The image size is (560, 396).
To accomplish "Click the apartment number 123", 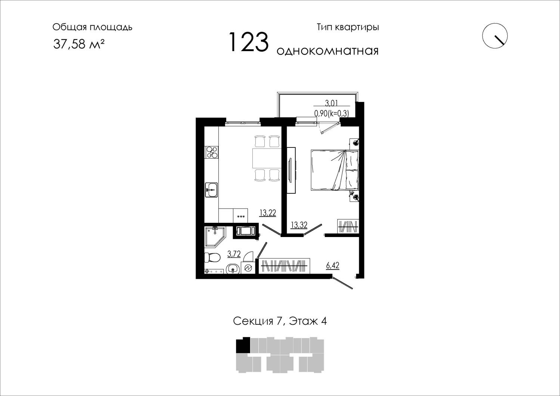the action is click(249, 42).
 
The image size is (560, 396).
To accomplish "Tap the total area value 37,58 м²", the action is click(79, 44).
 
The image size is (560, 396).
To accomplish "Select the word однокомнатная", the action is click(327, 51).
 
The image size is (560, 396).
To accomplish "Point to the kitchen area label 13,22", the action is click(268, 213).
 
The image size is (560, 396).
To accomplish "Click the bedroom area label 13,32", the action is click(299, 225).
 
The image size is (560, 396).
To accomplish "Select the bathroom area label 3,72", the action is click(234, 254).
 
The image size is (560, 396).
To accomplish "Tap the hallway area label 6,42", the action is click(333, 265).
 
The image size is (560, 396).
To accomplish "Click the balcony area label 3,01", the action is click(332, 103).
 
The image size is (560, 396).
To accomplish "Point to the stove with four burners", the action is click(212, 152).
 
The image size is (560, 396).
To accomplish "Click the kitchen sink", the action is click(212, 190).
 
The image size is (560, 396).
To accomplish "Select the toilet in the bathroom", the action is click(212, 258).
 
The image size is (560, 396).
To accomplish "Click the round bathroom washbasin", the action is click(233, 269).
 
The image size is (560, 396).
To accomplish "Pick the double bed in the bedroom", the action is click(335, 170).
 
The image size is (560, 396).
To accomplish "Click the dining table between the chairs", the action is click(267, 158).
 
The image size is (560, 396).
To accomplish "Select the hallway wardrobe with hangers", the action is click(284, 266).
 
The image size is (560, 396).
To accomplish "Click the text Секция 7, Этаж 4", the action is click(280, 321).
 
